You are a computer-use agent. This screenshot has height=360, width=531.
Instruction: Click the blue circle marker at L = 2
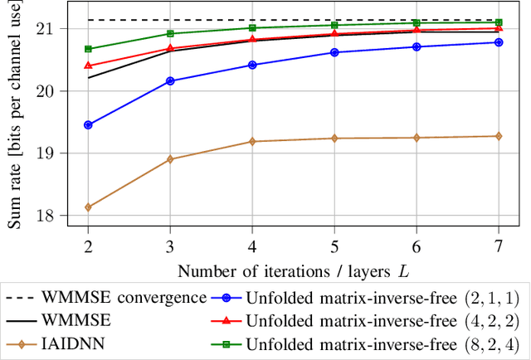click(x=88, y=125)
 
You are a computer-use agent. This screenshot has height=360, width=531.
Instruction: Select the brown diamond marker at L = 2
click(x=88, y=207)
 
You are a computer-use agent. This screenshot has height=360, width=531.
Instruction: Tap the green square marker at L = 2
click(x=88, y=49)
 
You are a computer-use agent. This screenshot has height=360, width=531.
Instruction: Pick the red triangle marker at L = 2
click(x=88, y=65)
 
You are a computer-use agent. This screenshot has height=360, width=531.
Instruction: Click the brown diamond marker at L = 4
click(x=252, y=142)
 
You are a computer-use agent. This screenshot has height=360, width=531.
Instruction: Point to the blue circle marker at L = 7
click(x=498, y=42)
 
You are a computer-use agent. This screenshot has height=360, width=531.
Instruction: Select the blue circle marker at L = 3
click(x=170, y=81)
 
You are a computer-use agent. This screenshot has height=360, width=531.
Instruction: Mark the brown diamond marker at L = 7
click(x=498, y=136)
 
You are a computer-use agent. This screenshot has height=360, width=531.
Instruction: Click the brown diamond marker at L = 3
click(x=170, y=159)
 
